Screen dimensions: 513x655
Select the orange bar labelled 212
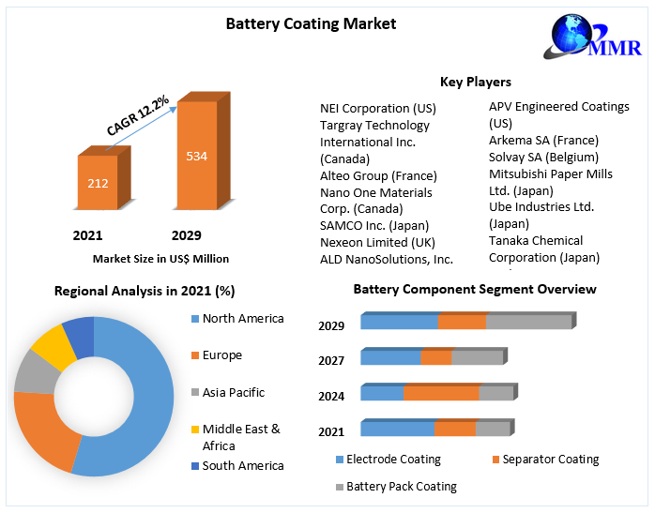tap(98, 182)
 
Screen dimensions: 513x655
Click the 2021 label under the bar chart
tap(87, 234)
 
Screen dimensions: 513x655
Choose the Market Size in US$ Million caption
tap(160, 258)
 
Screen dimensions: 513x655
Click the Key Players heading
tap(475, 82)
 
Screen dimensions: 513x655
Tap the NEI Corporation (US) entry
tap(377, 108)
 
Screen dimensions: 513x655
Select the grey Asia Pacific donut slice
tap(35, 372)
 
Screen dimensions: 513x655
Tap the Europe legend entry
tap(221, 355)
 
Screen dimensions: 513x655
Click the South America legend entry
tap(242, 465)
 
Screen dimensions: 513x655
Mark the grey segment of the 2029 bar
tap(528, 322)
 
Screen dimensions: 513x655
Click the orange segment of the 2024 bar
tap(441, 393)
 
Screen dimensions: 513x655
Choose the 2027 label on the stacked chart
tap(331, 360)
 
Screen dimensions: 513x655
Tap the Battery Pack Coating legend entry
tap(401, 487)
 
